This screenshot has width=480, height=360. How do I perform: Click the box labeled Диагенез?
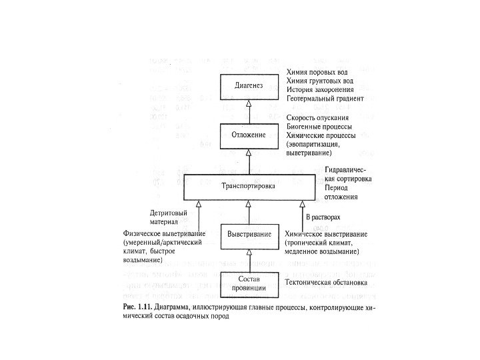[x=249, y=86]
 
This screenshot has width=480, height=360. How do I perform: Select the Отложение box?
[x=249, y=135]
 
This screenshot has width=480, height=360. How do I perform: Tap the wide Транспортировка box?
[x=248, y=187]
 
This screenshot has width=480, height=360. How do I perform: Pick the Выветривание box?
[x=249, y=235]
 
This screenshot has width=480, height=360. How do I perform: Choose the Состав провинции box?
[x=249, y=283]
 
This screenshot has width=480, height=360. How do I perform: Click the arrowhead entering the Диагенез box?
[x=249, y=104]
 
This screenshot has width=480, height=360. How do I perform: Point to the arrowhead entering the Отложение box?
[x=249, y=153]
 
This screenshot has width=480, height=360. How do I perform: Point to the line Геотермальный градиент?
[x=325, y=98]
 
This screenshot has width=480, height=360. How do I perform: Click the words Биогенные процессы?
[x=319, y=126]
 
